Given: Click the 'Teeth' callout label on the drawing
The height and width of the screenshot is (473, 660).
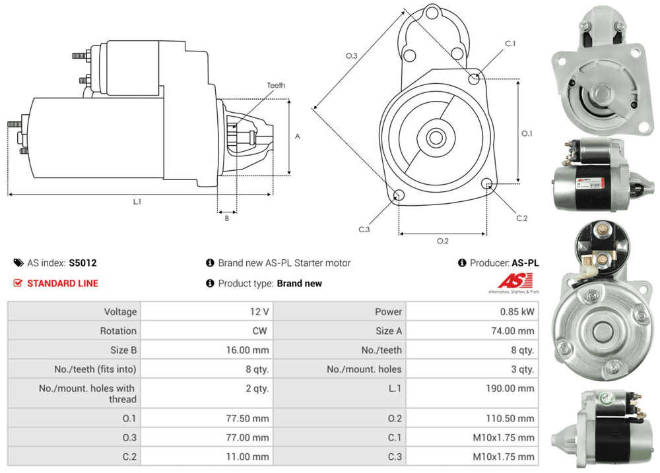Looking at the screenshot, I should coord(276,86).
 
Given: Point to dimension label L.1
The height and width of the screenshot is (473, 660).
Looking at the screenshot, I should coord(137,202).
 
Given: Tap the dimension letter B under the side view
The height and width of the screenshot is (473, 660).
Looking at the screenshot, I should coord(226,218).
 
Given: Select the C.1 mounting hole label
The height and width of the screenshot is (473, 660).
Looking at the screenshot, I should coord(510,44).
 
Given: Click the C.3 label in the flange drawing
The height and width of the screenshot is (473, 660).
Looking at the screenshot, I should coord(364,229).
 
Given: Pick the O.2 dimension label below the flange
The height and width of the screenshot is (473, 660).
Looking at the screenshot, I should coord(443,241).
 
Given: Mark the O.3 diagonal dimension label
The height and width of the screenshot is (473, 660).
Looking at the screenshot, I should coord(351,56).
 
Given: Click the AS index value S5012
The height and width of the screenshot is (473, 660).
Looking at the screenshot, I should coord(82,263).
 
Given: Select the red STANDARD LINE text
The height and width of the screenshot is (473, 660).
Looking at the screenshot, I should coord(63,283).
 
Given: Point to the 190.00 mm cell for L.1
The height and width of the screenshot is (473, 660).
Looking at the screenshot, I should coord(510,389).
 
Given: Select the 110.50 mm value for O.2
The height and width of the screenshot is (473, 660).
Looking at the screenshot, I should coord(510,418).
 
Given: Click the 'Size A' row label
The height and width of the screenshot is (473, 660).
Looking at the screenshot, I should coord(389,331).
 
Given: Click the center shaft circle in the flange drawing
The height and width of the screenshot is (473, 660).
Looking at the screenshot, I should coord(435,138).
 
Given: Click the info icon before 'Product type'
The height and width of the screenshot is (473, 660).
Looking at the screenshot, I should coord(210,284).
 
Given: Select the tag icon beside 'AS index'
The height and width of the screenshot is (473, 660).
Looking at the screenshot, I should coord(18,263).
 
